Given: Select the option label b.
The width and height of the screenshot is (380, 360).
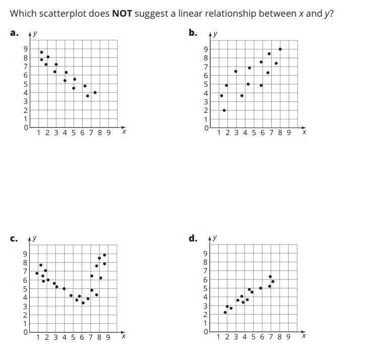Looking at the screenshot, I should (193, 33).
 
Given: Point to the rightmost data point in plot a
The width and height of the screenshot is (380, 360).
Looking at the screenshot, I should (95, 92).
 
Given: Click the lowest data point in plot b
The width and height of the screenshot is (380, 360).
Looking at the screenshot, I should (224, 110).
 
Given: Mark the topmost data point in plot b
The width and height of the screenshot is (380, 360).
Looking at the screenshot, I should (280, 49).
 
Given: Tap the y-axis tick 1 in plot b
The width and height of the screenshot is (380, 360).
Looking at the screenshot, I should (205, 119).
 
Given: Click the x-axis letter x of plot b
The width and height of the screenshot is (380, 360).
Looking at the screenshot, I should (303, 133).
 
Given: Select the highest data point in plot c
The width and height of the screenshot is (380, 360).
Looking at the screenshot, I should (104, 255).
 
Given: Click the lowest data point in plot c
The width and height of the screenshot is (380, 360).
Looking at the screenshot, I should (83, 303).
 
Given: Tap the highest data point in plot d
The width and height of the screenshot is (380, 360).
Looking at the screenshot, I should (270, 276).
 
